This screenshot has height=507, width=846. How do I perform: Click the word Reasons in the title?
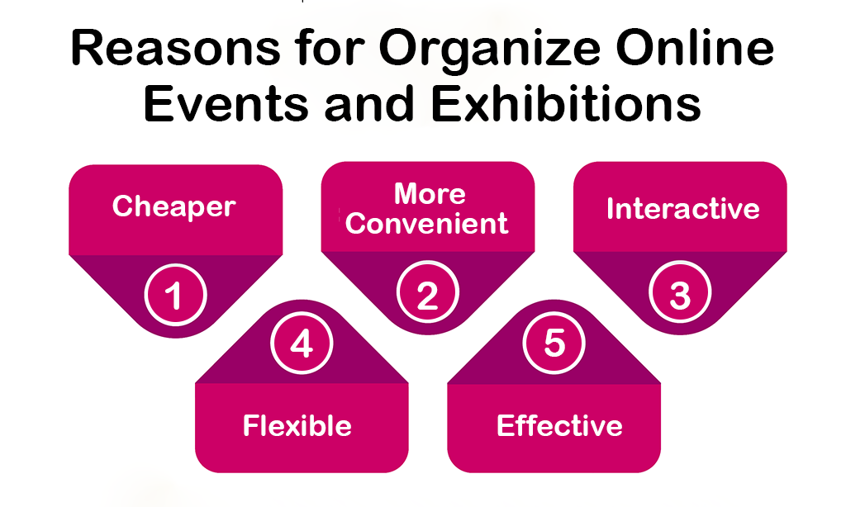pos(175,49)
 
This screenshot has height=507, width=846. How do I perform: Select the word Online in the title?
pos(695,48)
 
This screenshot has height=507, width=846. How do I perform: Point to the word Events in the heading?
pos(226,102)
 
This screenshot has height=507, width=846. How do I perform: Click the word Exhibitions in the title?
pos(566,102)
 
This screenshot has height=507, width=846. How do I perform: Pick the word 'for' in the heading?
pos(329,48)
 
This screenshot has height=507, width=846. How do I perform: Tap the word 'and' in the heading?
pos(369,102)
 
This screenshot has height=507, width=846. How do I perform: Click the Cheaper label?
pos(173,206)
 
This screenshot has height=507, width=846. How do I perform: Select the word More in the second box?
pos(430,193)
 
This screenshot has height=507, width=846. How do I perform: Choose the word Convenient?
pos(427,223)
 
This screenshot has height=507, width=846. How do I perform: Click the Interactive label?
pos(682,209)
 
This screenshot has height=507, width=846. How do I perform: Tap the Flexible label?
pos(297,425)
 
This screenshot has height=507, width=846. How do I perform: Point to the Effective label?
pos(559,425)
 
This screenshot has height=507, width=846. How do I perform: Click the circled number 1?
pos(175,295)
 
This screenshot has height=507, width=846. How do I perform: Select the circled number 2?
pos(427,292)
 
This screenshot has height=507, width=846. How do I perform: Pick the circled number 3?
pos(680,292)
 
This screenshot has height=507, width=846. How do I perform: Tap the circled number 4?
pos(302,343)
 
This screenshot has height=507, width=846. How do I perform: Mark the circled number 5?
pos(554,343)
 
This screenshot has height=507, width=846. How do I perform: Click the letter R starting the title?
pos(86,49)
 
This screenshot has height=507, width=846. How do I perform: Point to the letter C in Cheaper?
pos(122,206)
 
